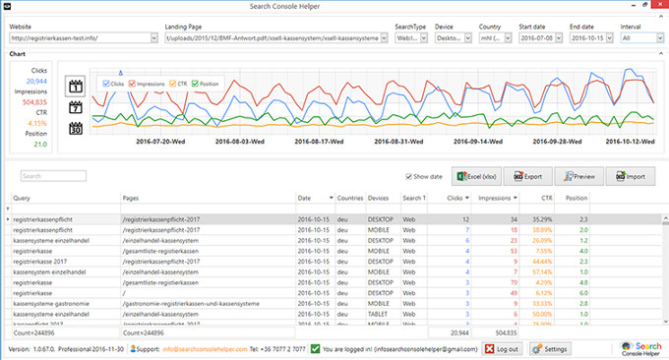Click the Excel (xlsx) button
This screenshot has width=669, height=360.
tap(475, 176)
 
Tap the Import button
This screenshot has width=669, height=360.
tap(631, 176)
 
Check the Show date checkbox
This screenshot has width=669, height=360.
tap(408, 177)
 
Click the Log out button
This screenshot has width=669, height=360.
tap(501, 348)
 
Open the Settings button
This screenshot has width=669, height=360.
tap(550, 348)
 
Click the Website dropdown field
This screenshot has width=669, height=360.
tap(83, 37)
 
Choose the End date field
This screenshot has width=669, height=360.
tap(589, 37)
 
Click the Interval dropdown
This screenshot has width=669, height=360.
tap(641, 37)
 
